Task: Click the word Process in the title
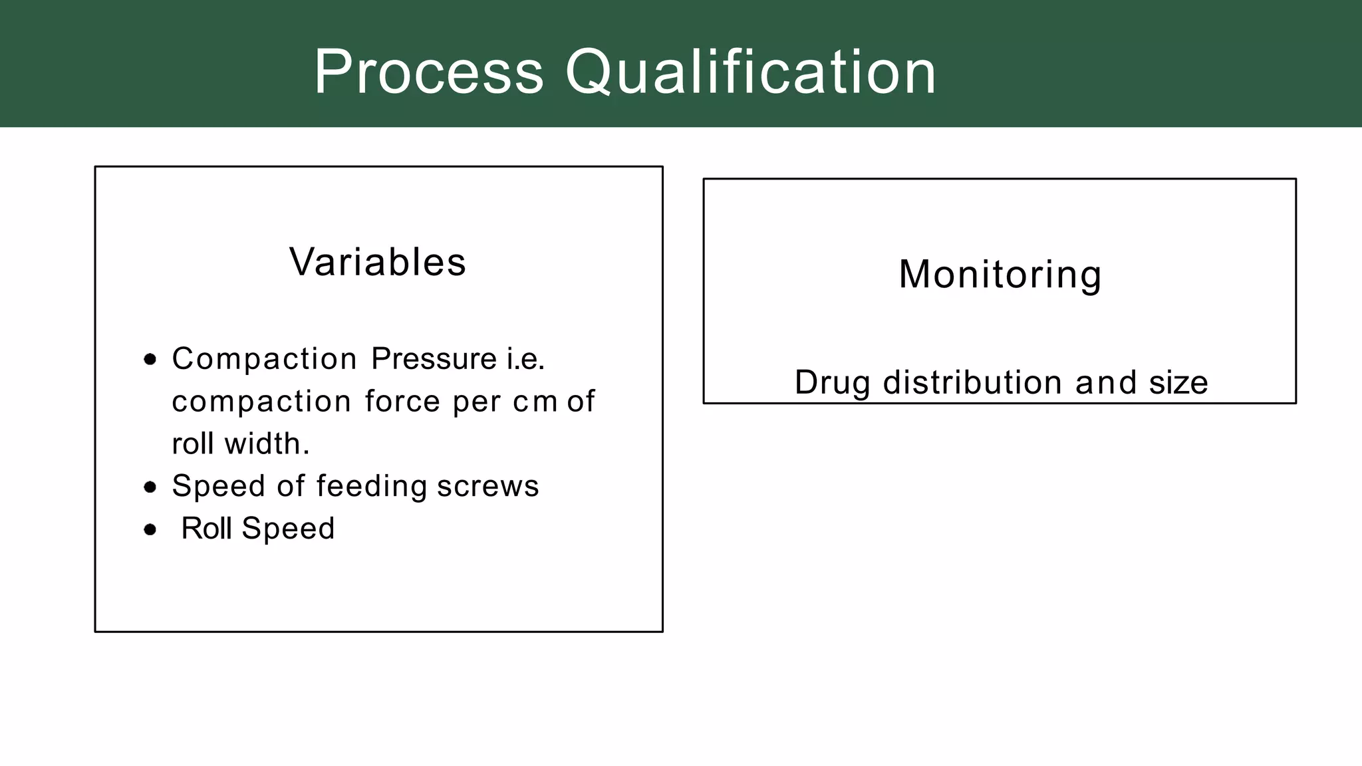pyautogui.click(x=428, y=72)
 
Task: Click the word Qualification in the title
pyautogui.click(x=751, y=72)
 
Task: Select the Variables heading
pyautogui.click(x=378, y=262)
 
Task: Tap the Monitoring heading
pyautogui.click(x=1000, y=274)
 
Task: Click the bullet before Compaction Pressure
pyautogui.click(x=150, y=360)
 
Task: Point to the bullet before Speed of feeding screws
pyautogui.click(x=150, y=487)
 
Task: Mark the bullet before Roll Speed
pyautogui.click(x=150, y=530)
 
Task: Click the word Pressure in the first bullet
pyautogui.click(x=434, y=359)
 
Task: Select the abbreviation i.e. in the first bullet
pyautogui.click(x=525, y=359)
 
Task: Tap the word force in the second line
pyautogui.click(x=402, y=402)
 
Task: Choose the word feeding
pyautogui.click(x=371, y=486)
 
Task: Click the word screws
pyautogui.click(x=487, y=486)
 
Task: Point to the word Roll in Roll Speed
pyautogui.click(x=206, y=529)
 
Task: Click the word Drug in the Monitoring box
pyautogui.click(x=832, y=383)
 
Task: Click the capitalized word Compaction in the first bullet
pyautogui.click(x=264, y=359)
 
